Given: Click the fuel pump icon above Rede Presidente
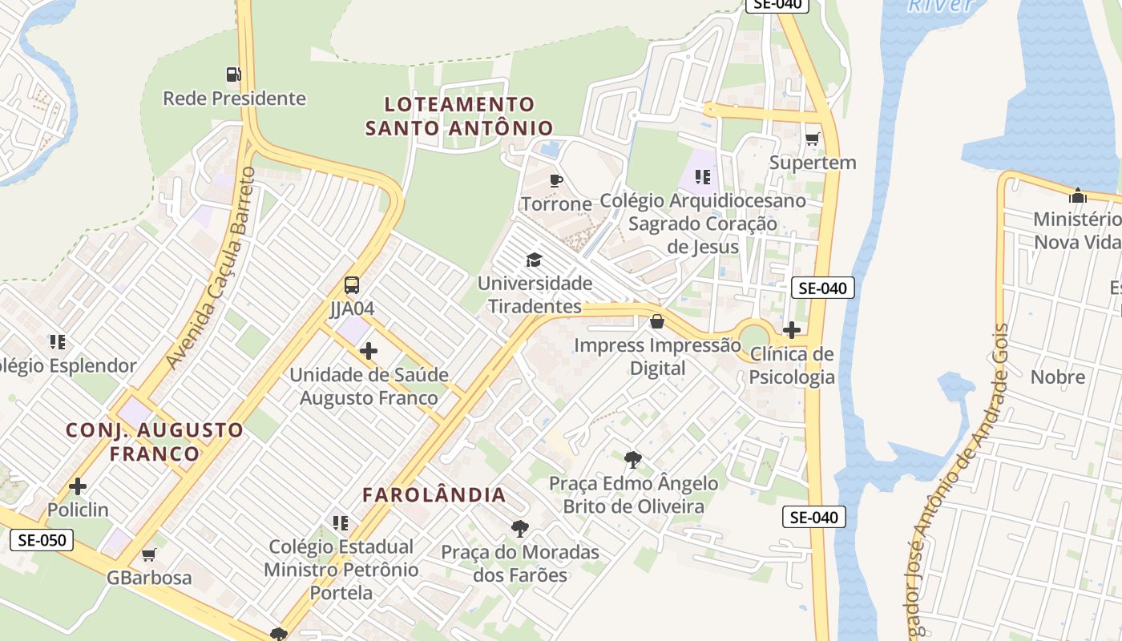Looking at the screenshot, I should (x=233, y=75).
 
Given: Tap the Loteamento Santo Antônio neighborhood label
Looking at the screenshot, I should (x=459, y=116).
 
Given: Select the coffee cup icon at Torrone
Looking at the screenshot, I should (x=555, y=180).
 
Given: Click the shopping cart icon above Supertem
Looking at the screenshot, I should (x=812, y=139).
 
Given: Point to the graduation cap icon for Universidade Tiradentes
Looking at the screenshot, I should (x=534, y=260).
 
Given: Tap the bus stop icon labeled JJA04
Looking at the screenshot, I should (x=352, y=285).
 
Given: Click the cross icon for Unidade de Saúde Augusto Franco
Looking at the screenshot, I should (x=369, y=351).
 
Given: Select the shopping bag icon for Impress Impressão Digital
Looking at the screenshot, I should (x=657, y=322).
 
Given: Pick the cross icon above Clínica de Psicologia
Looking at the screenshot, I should (x=792, y=330).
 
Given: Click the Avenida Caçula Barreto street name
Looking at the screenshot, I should (x=211, y=268).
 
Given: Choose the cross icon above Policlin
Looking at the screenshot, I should (x=78, y=486).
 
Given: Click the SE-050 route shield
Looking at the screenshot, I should (x=42, y=540).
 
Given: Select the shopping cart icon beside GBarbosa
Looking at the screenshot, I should (x=149, y=554).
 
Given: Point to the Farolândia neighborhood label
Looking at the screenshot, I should (x=434, y=495).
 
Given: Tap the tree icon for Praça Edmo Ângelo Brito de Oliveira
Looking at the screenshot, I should (x=633, y=460).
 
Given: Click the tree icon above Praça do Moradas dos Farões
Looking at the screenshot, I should (x=520, y=529).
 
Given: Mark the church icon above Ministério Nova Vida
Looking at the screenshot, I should (x=1078, y=196).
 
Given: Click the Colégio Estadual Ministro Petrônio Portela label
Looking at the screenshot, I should (x=341, y=570).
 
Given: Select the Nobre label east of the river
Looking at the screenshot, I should (x=1057, y=377).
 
